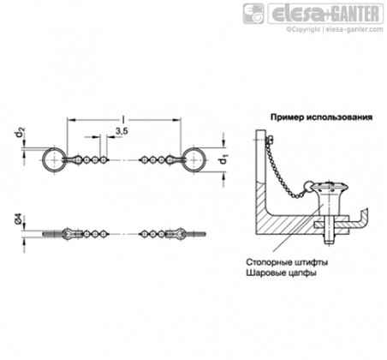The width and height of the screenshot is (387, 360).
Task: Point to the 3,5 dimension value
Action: pyautogui.click(x=122, y=131)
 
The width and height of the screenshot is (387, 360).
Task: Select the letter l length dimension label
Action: pyautogui.click(x=123, y=119)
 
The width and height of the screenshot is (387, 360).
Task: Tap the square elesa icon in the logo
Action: pyautogui.click(x=253, y=14)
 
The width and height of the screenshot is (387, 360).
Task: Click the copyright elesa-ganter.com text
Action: pyautogui.click(x=335, y=29)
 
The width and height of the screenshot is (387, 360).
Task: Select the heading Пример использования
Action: pyautogui.click(x=321, y=117)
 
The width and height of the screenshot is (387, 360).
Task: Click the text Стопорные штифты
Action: pyautogui.click(x=287, y=262)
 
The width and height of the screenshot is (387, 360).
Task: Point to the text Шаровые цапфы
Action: pyautogui.click(x=281, y=273)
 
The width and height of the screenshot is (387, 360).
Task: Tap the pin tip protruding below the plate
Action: pyautogui.click(x=330, y=237)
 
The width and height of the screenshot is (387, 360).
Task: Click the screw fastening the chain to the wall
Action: pyautogui.click(x=269, y=140)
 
